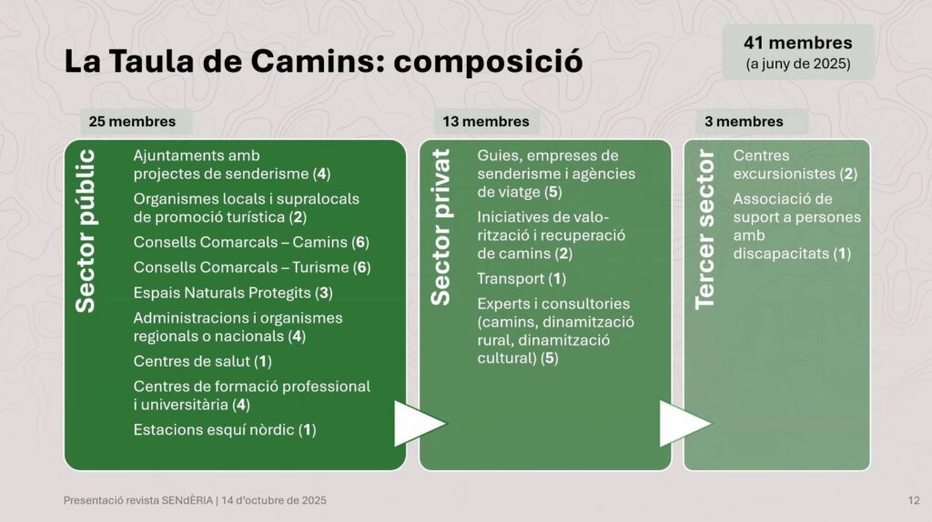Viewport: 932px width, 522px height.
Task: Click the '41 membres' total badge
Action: (797, 52)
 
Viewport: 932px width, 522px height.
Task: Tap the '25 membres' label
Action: (133, 122)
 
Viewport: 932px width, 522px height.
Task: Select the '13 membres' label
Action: (486, 122)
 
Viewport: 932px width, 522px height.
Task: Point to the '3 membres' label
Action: (745, 122)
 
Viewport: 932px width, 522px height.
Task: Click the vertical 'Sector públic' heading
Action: (86, 231)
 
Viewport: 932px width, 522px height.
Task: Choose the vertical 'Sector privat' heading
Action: (441, 227)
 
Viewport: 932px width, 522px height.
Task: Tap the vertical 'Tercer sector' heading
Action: (704, 229)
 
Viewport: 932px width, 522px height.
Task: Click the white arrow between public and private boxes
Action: (419, 424)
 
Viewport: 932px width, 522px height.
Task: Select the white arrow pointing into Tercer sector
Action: (684, 424)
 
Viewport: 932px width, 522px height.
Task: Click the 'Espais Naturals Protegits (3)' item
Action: (233, 293)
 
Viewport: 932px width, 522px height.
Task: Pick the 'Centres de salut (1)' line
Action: (203, 361)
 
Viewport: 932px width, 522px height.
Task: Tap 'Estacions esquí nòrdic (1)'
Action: (225, 429)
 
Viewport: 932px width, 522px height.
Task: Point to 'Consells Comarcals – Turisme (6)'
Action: (252, 267)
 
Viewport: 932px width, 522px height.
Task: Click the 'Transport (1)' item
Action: (522, 278)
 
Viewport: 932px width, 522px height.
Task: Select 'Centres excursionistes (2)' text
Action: (795, 165)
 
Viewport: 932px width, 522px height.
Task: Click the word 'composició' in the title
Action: (488, 62)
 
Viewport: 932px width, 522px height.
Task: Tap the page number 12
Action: (914, 500)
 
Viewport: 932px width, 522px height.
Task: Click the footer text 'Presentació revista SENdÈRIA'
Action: (138, 500)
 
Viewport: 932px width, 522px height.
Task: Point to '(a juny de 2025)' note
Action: (798, 64)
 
